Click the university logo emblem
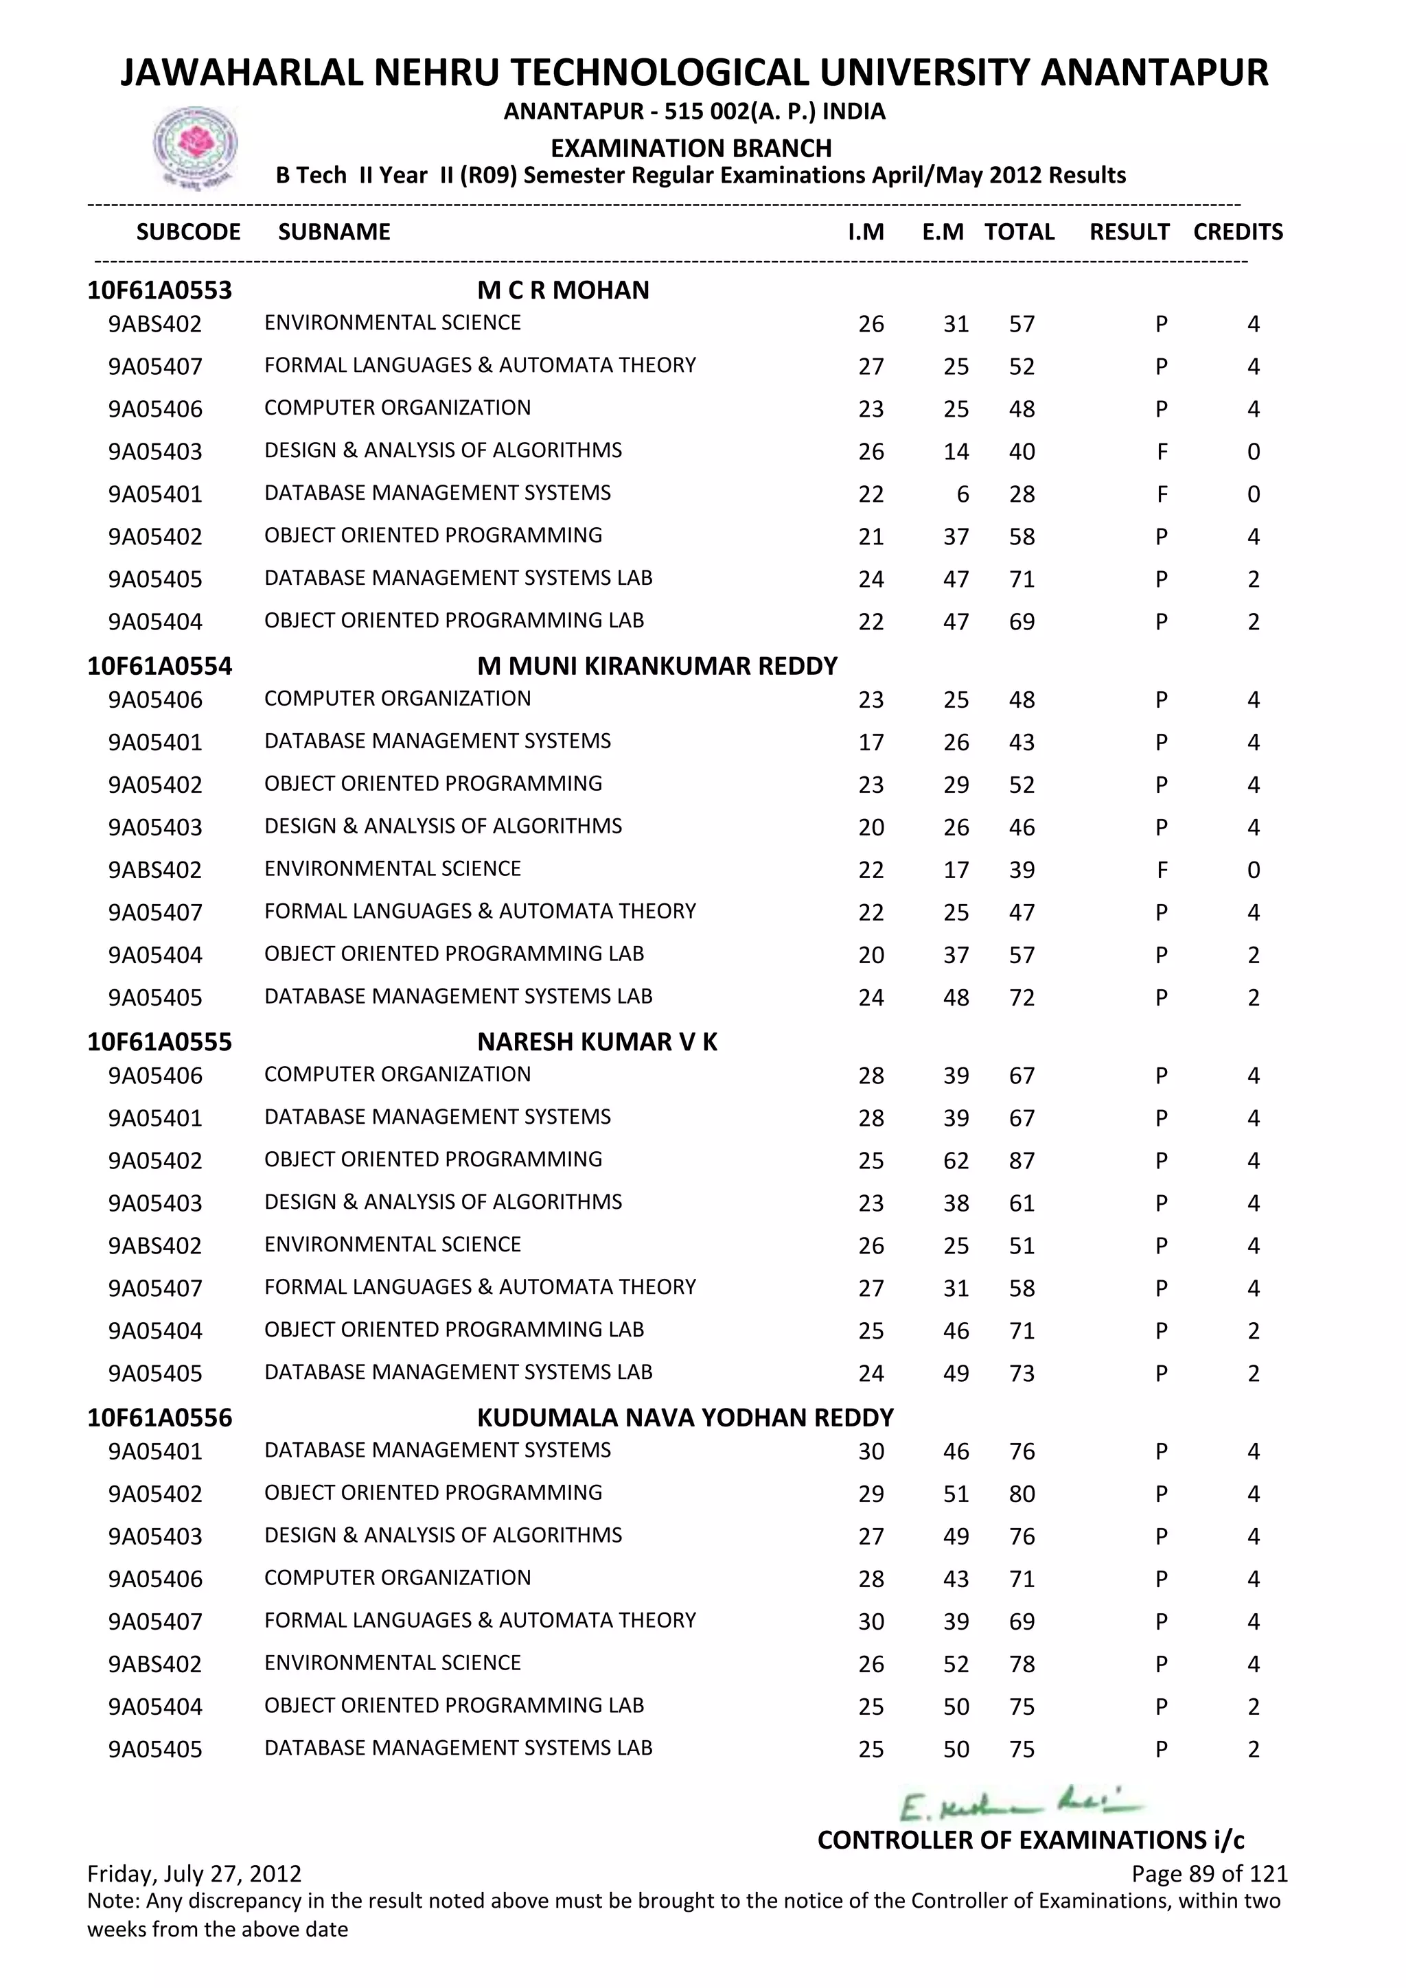[x=195, y=146]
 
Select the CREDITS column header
[x=1237, y=232]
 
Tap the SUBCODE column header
[x=189, y=232]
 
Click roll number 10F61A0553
[x=159, y=290]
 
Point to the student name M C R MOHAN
[x=563, y=290]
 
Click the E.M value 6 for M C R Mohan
[x=963, y=494]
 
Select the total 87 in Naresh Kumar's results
[x=1022, y=1161]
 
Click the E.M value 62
[x=956, y=1161]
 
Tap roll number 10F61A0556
[x=159, y=1418]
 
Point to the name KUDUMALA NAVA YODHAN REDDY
[x=685, y=1418]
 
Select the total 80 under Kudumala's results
[x=1022, y=1494]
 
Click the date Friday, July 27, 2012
[x=195, y=1874]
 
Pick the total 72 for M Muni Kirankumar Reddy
[x=1022, y=998]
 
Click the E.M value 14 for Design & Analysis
[x=956, y=452]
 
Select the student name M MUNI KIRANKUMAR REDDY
[x=657, y=666]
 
